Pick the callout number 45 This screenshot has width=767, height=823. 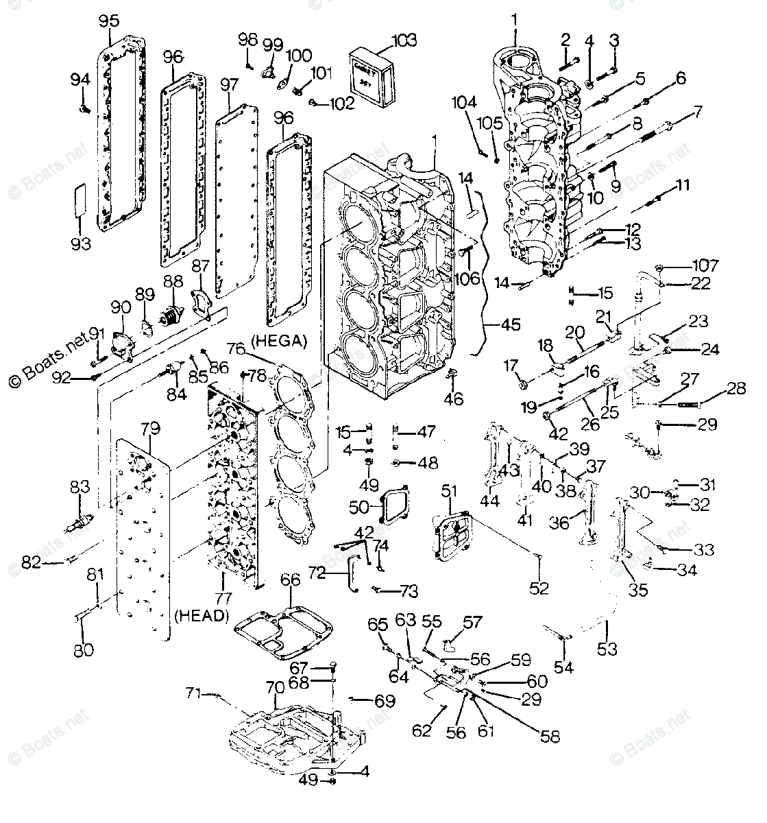pyautogui.click(x=509, y=324)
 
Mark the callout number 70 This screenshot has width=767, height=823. pyautogui.click(x=273, y=687)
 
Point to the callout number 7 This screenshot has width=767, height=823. pyautogui.click(x=697, y=111)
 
